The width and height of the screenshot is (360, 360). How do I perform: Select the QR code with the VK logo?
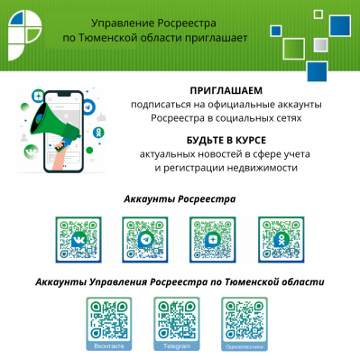click(x=77, y=239)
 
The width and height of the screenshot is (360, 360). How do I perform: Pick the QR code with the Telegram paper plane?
click(x=144, y=239)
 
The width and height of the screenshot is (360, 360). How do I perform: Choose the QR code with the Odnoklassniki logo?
click(x=281, y=239)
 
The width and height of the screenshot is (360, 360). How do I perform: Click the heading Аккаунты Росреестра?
click(x=180, y=198)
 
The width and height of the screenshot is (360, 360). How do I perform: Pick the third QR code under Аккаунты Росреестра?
click(x=213, y=239)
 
